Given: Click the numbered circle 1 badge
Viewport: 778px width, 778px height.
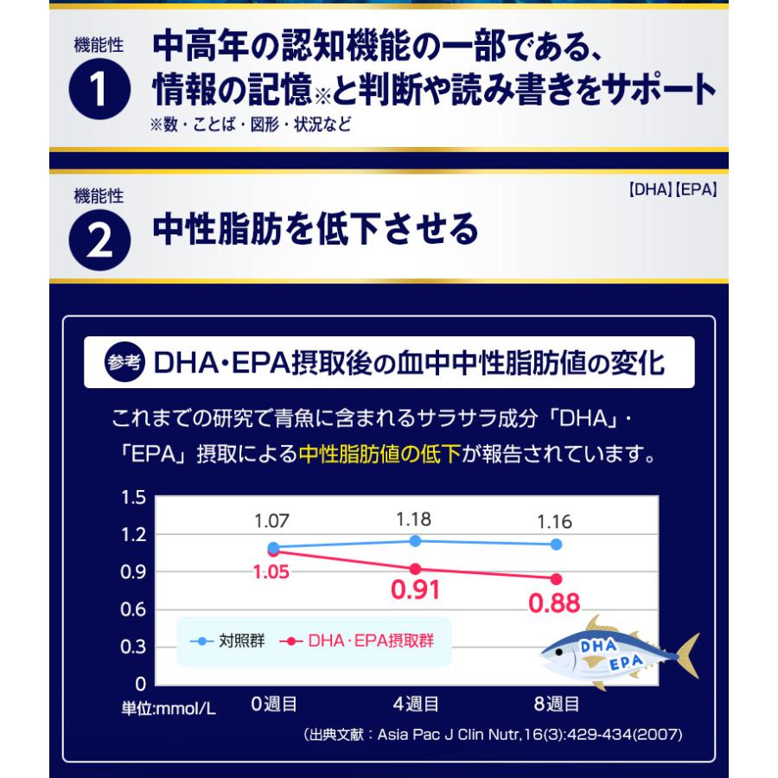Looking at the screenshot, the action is [x=99, y=89].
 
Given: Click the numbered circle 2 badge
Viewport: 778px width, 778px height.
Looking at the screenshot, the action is [x=99, y=240].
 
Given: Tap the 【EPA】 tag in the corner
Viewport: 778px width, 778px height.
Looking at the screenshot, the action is [x=696, y=189].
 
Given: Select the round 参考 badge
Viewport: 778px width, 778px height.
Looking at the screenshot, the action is [x=124, y=362].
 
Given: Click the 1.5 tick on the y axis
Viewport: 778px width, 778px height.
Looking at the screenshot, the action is [x=133, y=497].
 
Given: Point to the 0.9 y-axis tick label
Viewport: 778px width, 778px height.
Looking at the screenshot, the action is [x=133, y=572].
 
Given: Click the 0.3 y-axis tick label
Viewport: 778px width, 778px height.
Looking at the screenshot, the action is [x=133, y=647].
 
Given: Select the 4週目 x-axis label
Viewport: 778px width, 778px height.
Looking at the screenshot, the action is [x=416, y=704].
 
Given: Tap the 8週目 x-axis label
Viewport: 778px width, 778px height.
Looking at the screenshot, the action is [x=557, y=704].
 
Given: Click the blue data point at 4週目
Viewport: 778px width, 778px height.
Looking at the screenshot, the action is [x=415, y=541].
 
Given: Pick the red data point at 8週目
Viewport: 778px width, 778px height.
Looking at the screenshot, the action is [x=556, y=579].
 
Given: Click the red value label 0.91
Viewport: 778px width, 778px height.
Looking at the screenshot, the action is [x=415, y=590].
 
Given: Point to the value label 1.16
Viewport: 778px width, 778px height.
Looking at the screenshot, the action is [x=555, y=521].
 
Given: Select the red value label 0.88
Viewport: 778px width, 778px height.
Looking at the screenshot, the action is [x=554, y=603].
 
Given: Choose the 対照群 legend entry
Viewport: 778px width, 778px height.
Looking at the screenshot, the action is [x=227, y=641].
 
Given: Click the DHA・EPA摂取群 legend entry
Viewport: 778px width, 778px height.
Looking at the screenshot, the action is [x=357, y=641].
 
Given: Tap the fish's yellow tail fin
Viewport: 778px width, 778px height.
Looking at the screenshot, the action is [x=689, y=655].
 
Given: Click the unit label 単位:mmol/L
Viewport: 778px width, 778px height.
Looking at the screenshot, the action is [x=169, y=708].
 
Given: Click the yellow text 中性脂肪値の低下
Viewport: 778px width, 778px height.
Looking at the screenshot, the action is [x=380, y=454].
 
